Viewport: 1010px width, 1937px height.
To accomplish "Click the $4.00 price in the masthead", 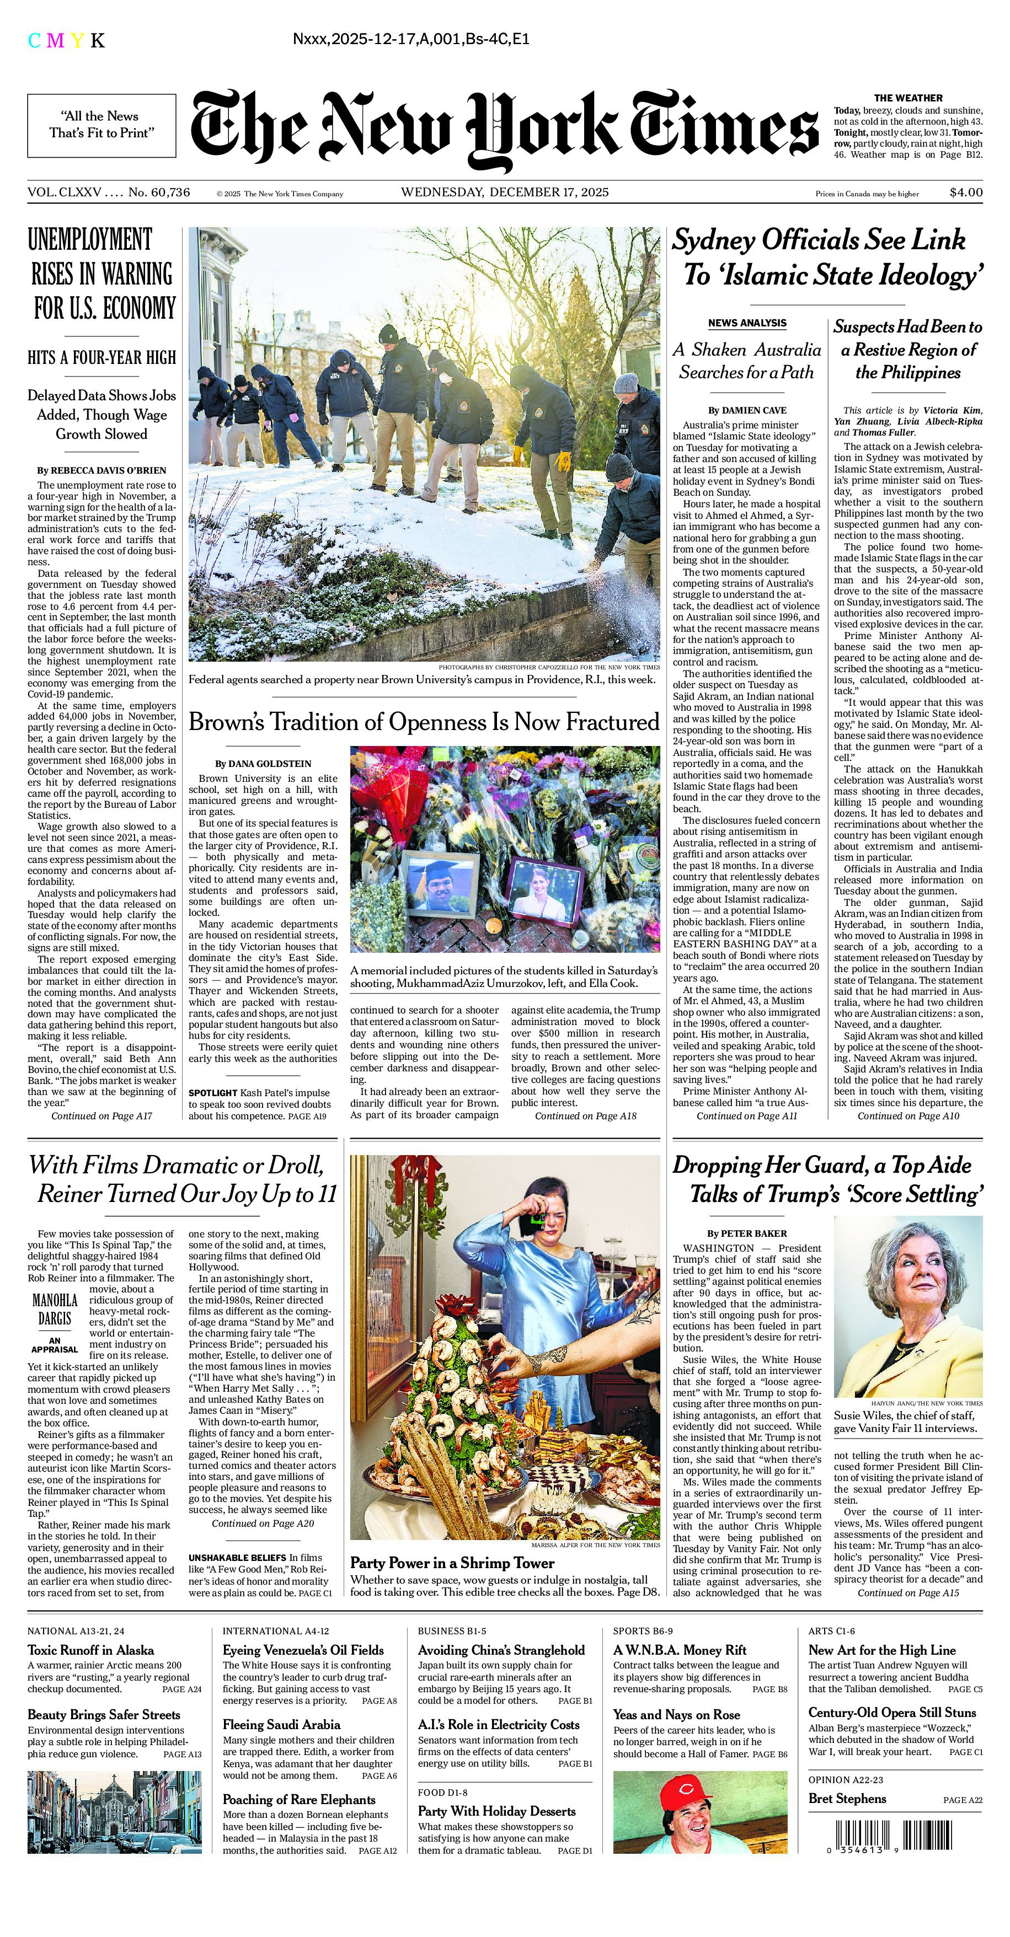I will pyautogui.click(x=966, y=192).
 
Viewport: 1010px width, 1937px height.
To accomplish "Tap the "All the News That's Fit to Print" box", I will pyautogui.click(x=101, y=125).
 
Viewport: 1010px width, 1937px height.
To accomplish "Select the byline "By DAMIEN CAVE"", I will pyautogui.click(x=747, y=410).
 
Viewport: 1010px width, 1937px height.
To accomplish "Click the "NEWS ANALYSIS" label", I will pyautogui.click(x=747, y=323).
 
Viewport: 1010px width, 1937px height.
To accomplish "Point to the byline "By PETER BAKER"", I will pyautogui.click(x=747, y=1233).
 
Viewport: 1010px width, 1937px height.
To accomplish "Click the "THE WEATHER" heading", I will pyautogui.click(x=908, y=98).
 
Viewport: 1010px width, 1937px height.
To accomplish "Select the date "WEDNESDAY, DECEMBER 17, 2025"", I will pyautogui.click(x=505, y=192).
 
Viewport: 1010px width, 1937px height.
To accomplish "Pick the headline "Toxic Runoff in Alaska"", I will pyautogui.click(x=91, y=1650).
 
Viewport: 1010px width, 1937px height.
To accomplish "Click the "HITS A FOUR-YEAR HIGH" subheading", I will pyautogui.click(x=101, y=357).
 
